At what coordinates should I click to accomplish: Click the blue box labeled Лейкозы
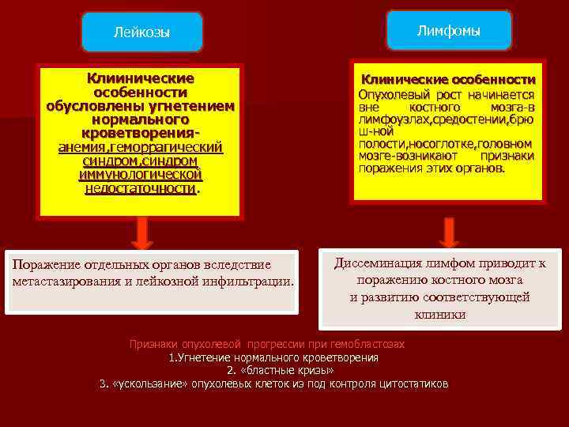point(141,32)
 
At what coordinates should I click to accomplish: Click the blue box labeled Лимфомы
point(450,31)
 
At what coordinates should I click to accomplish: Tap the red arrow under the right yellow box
point(449,232)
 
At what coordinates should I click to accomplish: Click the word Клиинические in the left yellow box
point(141,79)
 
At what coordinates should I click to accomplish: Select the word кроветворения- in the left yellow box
point(141,133)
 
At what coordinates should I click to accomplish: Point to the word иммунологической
point(141,174)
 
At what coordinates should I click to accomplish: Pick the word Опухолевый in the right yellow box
point(392,95)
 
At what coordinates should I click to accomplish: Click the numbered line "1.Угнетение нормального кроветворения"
point(273,357)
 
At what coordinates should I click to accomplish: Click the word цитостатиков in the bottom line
point(412,384)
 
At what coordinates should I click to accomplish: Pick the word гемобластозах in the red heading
point(367,345)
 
